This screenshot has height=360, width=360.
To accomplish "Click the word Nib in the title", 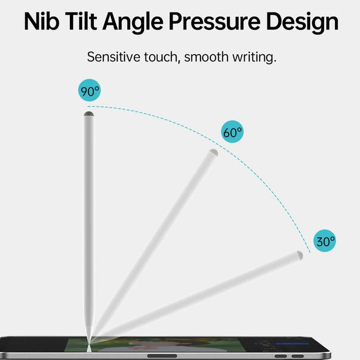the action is coord(42,22).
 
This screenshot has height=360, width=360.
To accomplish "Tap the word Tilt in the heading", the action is coord(81,22).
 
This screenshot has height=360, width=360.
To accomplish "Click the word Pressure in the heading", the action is coord(214,22).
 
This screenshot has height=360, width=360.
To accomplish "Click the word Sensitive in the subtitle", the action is coord(114,57).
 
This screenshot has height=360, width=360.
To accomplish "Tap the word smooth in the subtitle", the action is coord(206,57).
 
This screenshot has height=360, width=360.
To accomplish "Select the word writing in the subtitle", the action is coord(254,58).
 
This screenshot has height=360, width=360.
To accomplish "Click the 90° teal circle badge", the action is coord(89,90).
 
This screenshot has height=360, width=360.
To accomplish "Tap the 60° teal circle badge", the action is coord(232,132).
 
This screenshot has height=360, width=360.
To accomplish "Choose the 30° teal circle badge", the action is coord(325,241).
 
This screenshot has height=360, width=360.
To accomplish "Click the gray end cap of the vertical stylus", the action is coord(88,114).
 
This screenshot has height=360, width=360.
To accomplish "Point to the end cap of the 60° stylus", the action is coord(213,152).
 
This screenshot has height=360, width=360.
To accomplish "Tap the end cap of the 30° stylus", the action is coord(300,255).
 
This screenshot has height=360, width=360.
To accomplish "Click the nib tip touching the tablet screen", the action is coord(88,343).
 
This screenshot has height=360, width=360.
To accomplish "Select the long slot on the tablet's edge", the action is coord(162,356).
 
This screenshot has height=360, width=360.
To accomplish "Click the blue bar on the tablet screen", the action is coord(292,344).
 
